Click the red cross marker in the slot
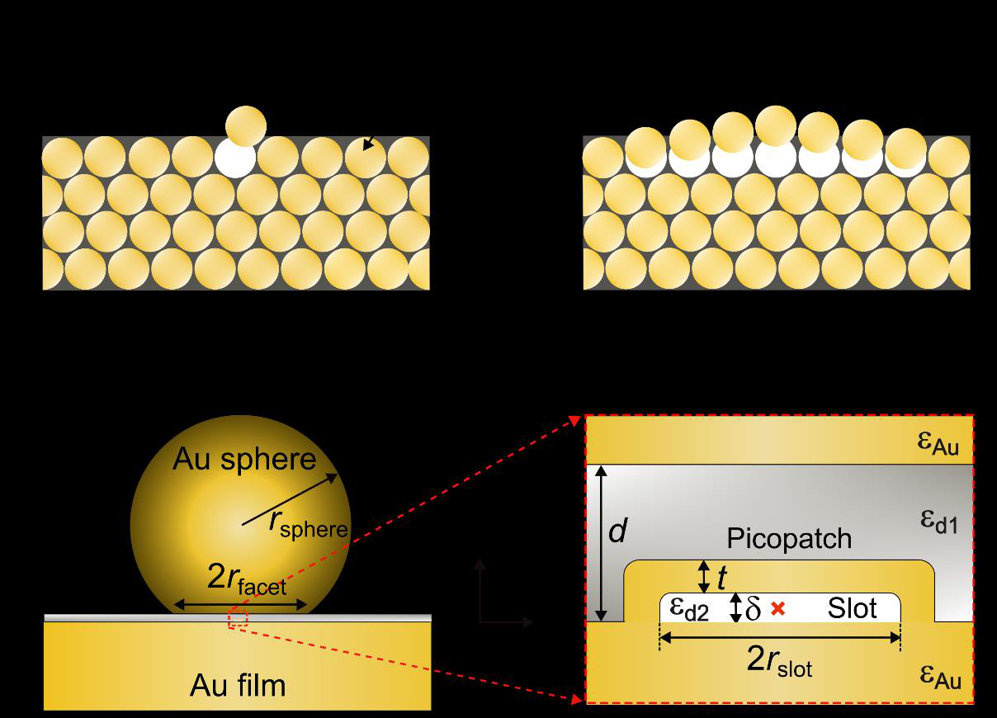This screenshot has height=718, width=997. click(x=777, y=608)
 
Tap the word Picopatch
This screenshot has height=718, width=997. click(x=789, y=539)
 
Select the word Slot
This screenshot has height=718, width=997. click(x=852, y=608)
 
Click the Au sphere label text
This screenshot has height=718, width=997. click(x=244, y=460)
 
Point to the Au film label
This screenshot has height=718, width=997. click(x=238, y=685)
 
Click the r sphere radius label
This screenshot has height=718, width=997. click(x=308, y=525)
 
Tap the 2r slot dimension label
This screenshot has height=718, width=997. click(x=779, y=662)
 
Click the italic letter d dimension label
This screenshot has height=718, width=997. click(x=618, y=531)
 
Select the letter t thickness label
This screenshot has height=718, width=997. click(x=721, y=578)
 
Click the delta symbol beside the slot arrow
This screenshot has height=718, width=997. click(x=753, y=608)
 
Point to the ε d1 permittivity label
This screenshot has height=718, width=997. click(x=938, y=522)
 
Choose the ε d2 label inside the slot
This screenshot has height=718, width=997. click(x=689, y=609)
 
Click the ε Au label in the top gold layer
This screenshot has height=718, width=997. click(x=938, y=443)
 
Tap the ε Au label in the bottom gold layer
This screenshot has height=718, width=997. click(x=940, y=678)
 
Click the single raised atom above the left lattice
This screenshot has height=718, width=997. click(x=246, y=126)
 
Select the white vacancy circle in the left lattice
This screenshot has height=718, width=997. click(x=235, y=160)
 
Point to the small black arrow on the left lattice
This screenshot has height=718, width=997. click(x=368, y=144)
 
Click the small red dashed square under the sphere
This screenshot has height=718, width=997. click(x=238, y=619)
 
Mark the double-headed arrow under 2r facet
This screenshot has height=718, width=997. click(x=240, y=604)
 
